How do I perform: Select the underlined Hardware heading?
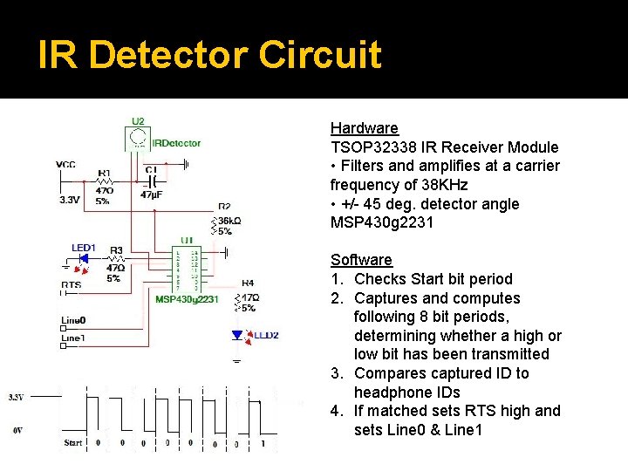(364, 128)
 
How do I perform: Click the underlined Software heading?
(361, 260)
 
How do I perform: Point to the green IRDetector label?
(176, 143)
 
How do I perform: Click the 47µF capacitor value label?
(151, 195)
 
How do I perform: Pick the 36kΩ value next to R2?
(225, 221)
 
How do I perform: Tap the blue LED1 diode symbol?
(85, 259)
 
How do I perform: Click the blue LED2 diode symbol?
(236, 334)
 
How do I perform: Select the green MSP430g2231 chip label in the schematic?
(187, 299)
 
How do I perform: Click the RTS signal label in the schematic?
(72, 284)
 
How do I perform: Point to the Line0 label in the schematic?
(73, 318)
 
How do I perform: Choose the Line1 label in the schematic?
(73, 338)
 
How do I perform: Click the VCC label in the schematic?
(65, 164)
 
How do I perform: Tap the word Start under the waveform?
(73, 442)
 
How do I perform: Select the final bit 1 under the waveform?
(263, 442)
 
